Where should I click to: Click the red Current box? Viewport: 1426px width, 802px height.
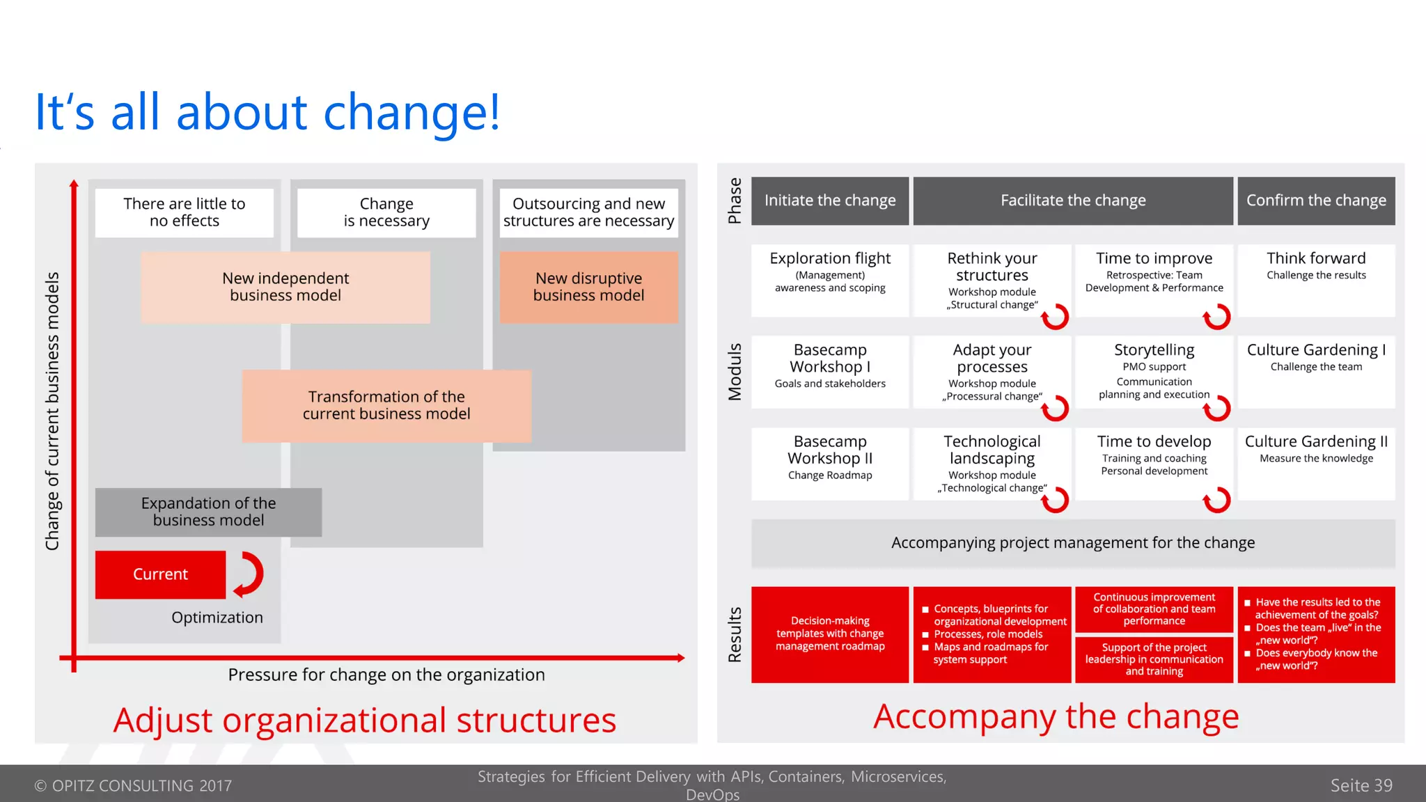pyautogui.click(x=160, y=574)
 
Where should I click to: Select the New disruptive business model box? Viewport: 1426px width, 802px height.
pyautogui.click(x=588, y=287)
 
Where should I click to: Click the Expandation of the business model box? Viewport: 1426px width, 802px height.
pyautogui.click(x=208, y=512)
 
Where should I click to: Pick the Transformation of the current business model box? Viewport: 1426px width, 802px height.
pyautogui.click(x=386, y=405)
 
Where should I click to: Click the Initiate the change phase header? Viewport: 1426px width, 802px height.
pyautogui.click(x=830, y=200)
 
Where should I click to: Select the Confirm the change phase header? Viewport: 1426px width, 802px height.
pyautogui.click(x=1316, y=200)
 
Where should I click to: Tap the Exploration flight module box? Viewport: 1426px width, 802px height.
pyautogui.click(x=830, y=278)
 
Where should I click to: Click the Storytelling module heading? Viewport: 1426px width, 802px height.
pyautogui.click(x=1154, y=349)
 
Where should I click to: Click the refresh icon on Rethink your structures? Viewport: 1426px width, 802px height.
pyautogui.click(x=1055, y=317)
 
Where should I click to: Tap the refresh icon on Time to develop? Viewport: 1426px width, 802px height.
pyautogui.click(x=1217, y=499)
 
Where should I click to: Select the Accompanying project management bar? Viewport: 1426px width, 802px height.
pyautogui.click(x=1073, y=543)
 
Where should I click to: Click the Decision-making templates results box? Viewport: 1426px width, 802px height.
pyautogui.click(x=830, y=634)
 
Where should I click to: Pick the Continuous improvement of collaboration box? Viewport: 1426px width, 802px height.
pyautogui.click(x=1154, y=609)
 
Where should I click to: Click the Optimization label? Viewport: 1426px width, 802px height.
pyautogui.click(x=217, y=618)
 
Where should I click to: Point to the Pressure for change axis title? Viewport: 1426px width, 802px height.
pyautogui.click(x=386, y=675)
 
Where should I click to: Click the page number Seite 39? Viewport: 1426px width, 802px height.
pyautogui.click(x=1361, y=785)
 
